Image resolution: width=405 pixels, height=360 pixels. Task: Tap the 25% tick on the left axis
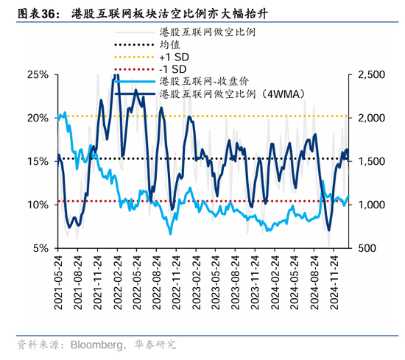click(x=38, y=74)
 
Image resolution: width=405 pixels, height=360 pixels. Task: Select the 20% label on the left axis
click(x=38, y=118)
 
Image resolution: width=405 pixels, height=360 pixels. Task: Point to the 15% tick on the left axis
click(x=38, y=161)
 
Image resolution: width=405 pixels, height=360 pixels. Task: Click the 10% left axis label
click(x=38, y=205)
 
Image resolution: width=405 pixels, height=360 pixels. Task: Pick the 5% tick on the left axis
click(x=41, y=248)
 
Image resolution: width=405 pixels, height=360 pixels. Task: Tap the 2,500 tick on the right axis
click(x=370, y=74)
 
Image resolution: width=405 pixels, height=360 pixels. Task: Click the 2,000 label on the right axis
click(x=370, y=118)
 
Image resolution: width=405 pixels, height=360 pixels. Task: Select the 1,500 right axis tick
click(x=370, y=161)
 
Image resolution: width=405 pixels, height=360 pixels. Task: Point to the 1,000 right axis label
click(x=370, y=205)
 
